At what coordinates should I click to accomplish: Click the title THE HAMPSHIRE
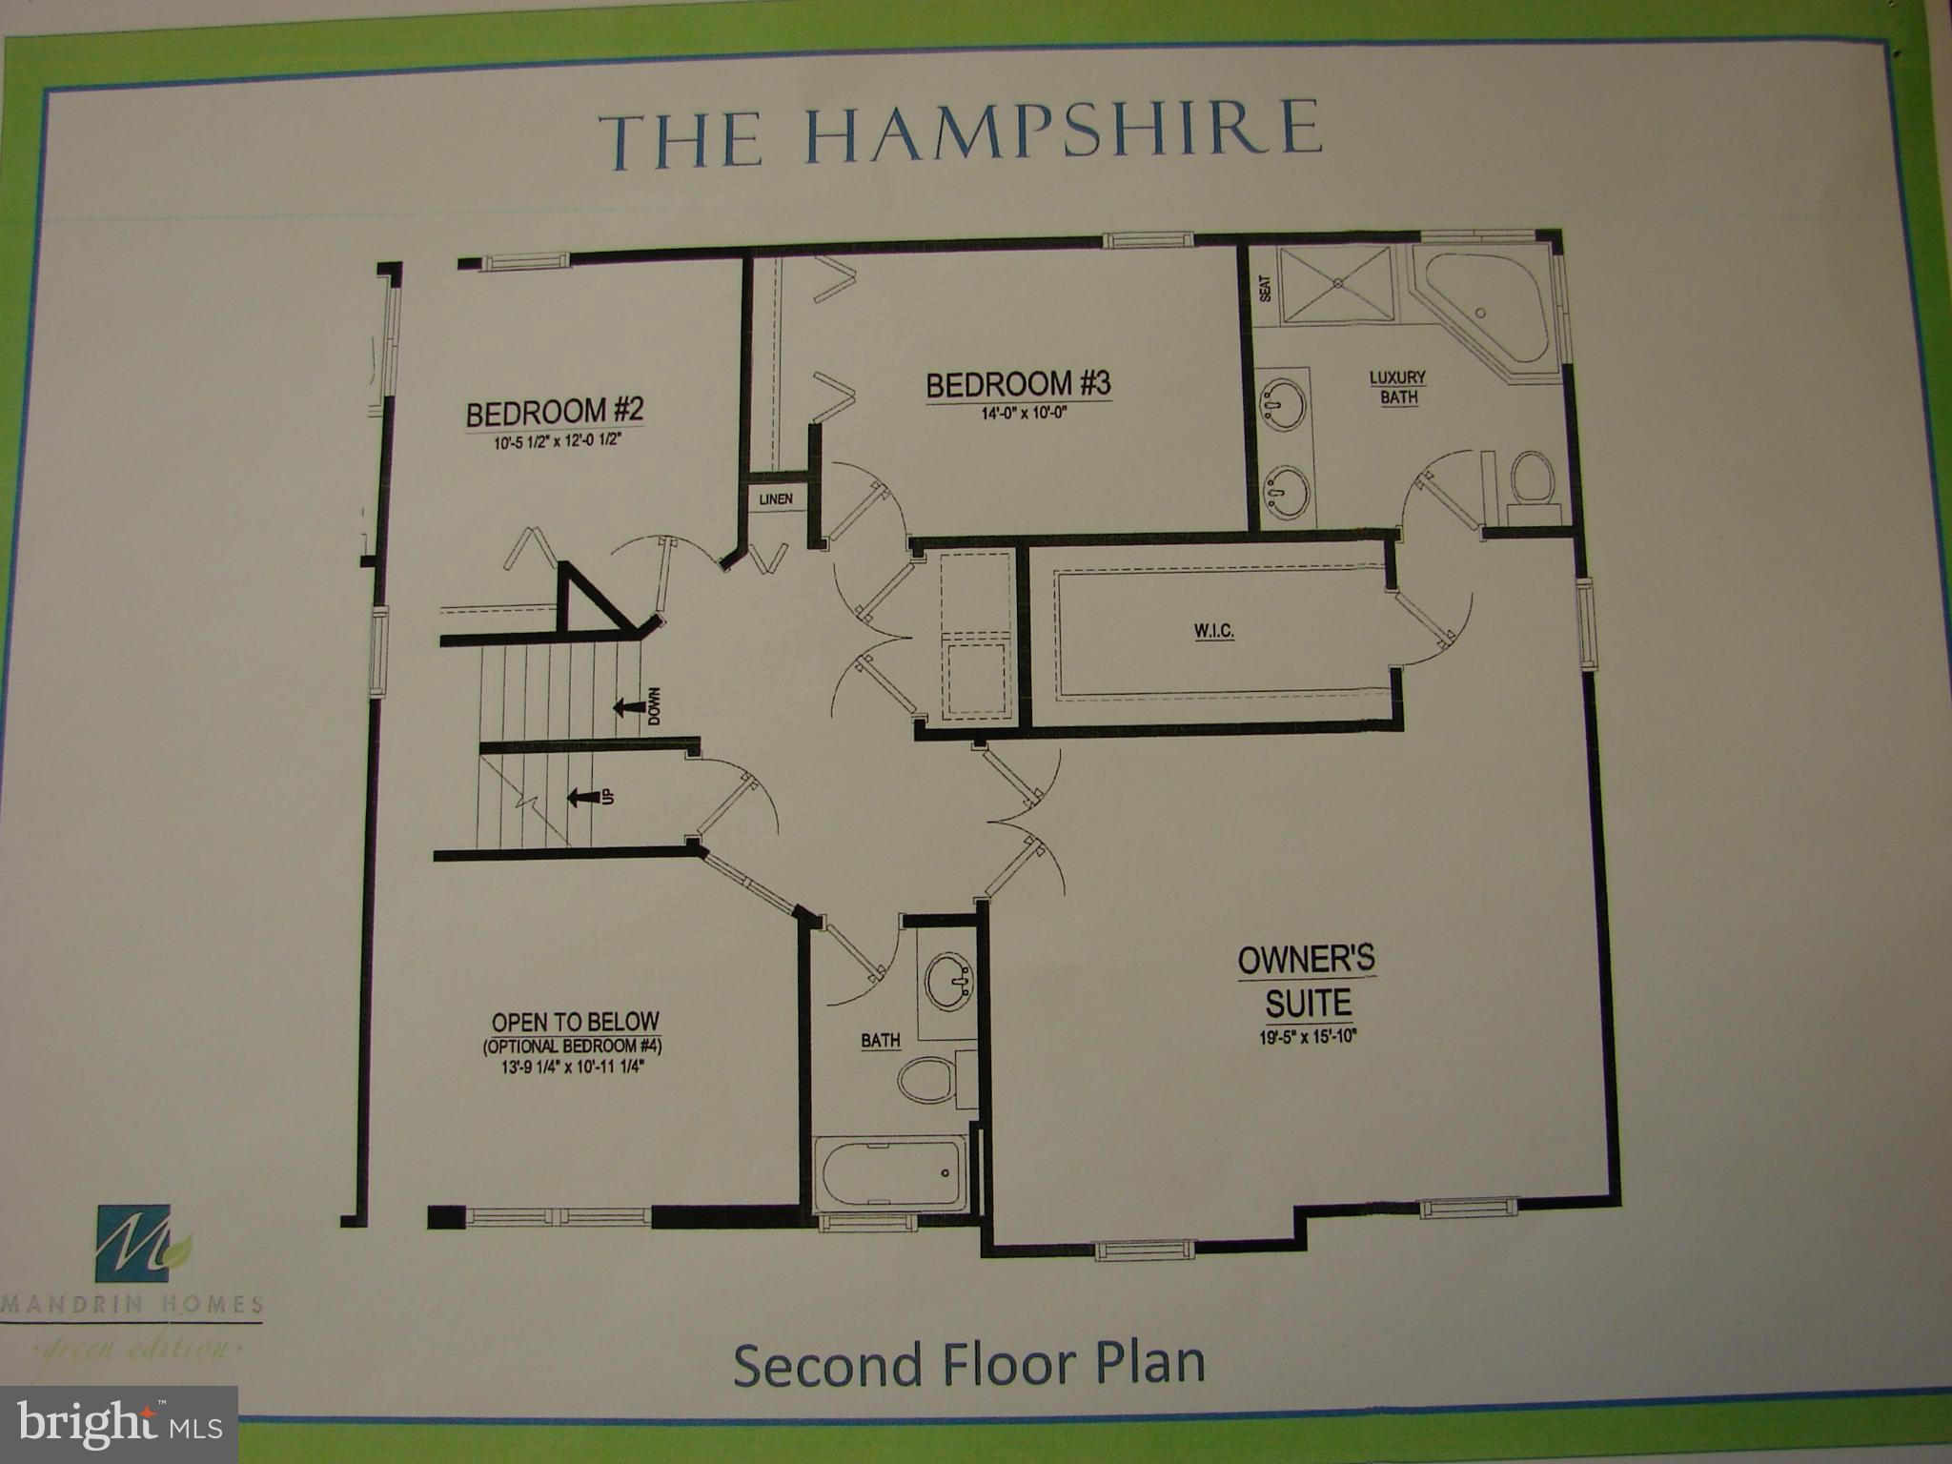point(961,137)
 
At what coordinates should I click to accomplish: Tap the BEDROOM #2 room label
point(555,412)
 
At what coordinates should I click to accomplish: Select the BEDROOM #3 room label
point(1018,384)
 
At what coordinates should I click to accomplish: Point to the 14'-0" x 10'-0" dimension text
point(1017,414)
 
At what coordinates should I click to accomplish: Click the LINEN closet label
point(775,499)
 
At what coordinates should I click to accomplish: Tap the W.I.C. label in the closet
point(1214,632)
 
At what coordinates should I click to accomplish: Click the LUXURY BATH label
point(1397,387)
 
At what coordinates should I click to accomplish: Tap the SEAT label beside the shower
point(1266,288)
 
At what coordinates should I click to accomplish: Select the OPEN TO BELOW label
point(575,1023)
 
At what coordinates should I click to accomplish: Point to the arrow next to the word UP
point(579,797)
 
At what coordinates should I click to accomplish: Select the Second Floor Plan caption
point(968,1364)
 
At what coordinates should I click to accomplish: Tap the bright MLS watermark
point(119,1424)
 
